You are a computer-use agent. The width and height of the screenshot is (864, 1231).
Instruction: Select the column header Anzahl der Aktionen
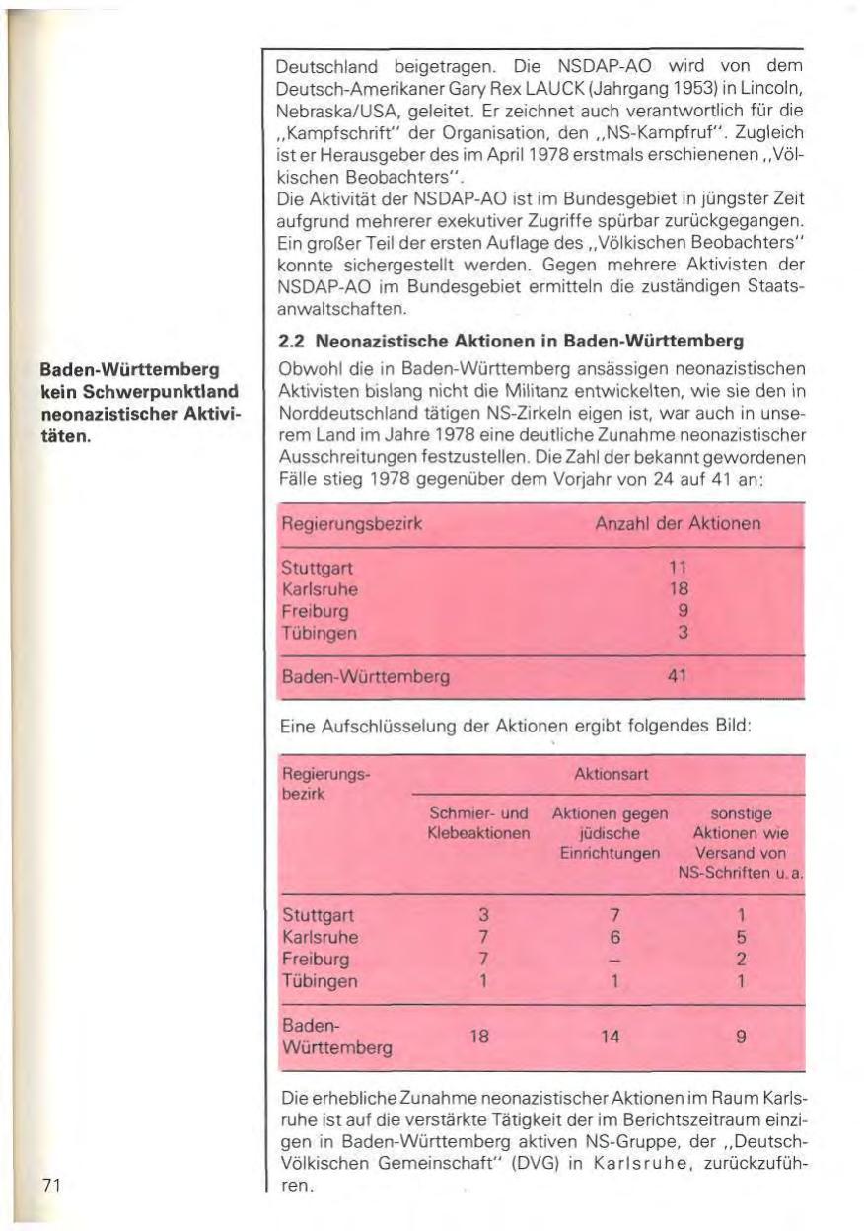(678, 523)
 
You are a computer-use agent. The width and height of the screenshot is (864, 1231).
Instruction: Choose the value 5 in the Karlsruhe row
(739, 936)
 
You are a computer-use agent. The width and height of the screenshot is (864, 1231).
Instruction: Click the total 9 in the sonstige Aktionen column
(739, 1038)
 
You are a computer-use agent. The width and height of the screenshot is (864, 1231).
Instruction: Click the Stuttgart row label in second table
(318, 914)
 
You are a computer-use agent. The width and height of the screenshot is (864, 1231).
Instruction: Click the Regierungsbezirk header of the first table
(351, 523)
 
